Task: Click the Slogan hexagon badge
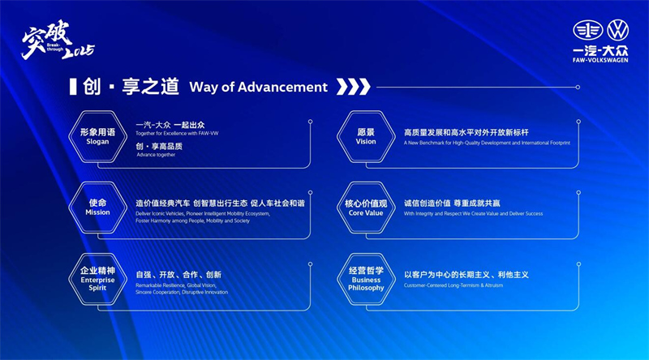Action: (97, 135)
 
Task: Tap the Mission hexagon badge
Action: (97, 207)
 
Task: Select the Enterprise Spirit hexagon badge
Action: (97, 278)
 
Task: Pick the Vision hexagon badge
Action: (366, 135)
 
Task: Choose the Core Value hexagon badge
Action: (366, 207)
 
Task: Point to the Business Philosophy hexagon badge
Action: (366, 278)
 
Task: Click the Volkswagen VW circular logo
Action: (618, 31)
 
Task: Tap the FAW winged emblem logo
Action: (586, 31)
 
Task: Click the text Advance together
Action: (156, 154)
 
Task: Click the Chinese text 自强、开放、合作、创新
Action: (178, 275)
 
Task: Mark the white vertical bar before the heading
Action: (72, 87)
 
